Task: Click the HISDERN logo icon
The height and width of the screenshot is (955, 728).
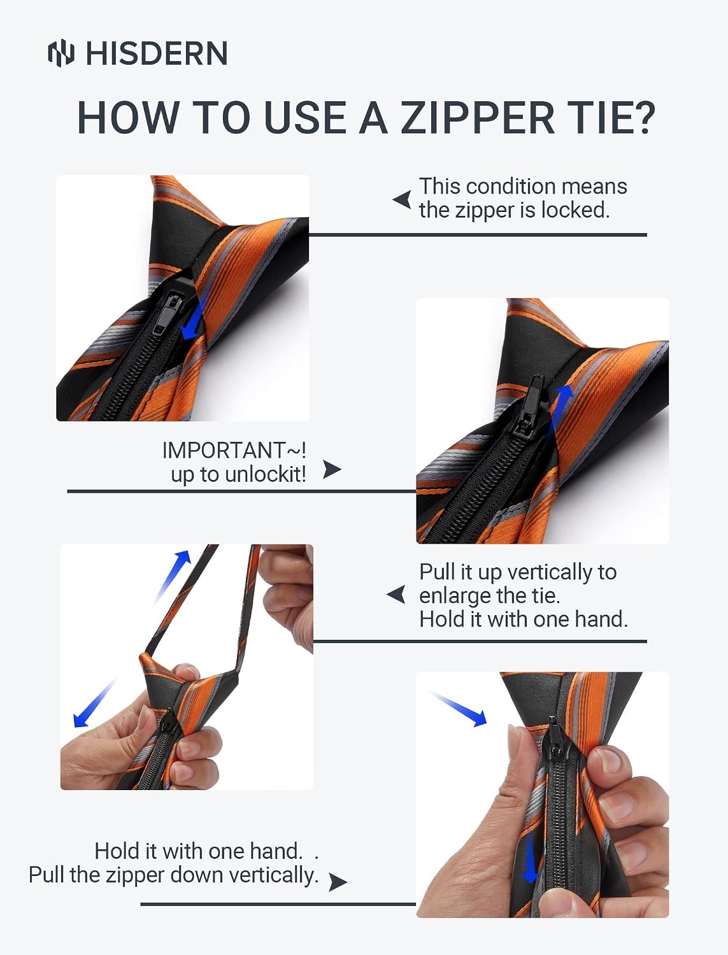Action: point(61,53)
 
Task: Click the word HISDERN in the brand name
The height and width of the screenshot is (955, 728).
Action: point(157,53)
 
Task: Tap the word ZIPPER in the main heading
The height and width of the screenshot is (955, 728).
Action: point(478,118)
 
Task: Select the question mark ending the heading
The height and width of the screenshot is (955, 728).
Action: point(643,118)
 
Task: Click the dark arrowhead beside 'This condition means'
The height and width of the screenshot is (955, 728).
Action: point(402,200)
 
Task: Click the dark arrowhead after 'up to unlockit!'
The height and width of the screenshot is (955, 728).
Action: point(332,469)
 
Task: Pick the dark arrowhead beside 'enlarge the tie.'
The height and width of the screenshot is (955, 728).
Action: point(396,595)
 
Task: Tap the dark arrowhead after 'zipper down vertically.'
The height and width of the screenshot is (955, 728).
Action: point(338,882)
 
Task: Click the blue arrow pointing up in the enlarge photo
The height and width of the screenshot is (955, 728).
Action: point(173,576)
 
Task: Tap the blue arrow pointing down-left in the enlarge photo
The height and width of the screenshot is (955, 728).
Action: point(94,703)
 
